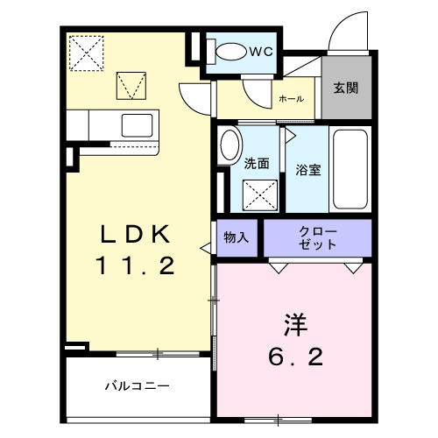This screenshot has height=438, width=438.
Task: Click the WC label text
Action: pyautogui.click(x=261, y=52)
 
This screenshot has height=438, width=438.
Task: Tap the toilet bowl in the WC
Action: pyautogui.click(x=230, y=52)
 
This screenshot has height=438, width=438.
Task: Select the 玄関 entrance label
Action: pyautogui.click(x=344, y=88)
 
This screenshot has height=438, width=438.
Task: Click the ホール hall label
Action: pyautogui.click(x=292, y=99)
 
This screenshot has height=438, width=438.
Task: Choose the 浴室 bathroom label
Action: pyautogui.click(x=307, y=169)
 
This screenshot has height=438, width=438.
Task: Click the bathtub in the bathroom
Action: pyautogui.click(x=350, y=169)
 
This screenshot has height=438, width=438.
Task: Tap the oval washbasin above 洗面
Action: pyautogui.click(x=230, y=145)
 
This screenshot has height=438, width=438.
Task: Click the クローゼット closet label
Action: pyautogui.click(x=317, y=237)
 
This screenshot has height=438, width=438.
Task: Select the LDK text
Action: pyautogui.click(x=139, y=234)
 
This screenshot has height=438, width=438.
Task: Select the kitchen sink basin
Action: pyautogui.click(x=138, y=124)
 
